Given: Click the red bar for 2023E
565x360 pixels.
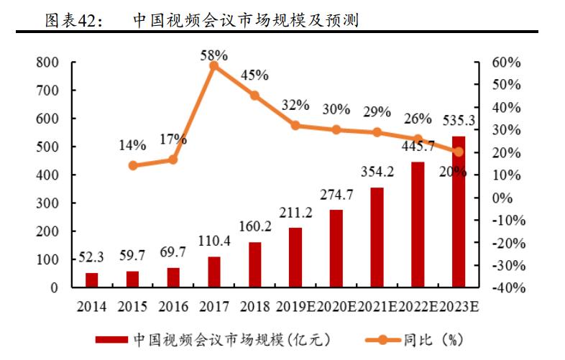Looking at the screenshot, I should (x=459, y=212).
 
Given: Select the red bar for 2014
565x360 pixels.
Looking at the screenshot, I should (x=91, y=280).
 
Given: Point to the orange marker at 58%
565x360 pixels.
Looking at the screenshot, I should (x=213, y=65).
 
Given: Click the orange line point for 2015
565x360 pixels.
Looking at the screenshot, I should (x=132, y=165).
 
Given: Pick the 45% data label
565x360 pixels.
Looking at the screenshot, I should (x=254, y=75).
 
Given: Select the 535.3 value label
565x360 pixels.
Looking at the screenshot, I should (x=458, y=121).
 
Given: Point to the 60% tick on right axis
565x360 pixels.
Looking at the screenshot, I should (x=506, y=63).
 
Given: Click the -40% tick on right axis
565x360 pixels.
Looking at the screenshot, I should (x=505, y=287).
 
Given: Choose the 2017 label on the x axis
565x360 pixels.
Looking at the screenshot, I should (x=213, y=307).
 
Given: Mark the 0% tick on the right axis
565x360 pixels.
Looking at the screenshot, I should (x=503, y=198).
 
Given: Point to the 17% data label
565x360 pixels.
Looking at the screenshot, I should (x=173, y=139).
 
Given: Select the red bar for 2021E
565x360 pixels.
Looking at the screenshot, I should (x=377, y=238).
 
